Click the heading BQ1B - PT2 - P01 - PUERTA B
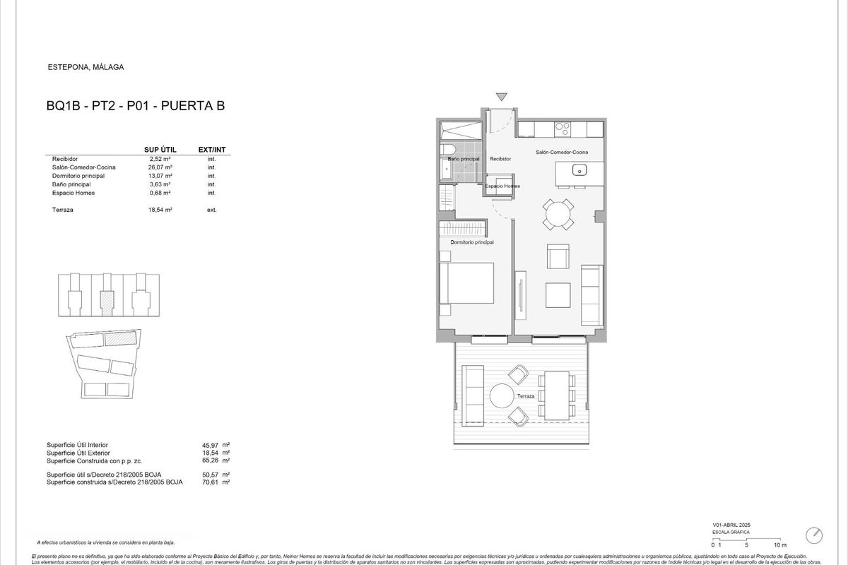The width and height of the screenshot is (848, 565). click(135, 107)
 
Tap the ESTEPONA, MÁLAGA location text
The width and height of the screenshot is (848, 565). click(86, 68)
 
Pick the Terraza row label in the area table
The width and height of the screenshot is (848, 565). click(64, 210)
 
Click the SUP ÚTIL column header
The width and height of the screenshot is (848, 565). click(160, 150)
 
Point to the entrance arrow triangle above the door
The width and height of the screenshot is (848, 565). click(502, 97)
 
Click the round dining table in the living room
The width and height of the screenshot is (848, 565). click(559, 213)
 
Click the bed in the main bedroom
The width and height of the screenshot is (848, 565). click(466, 283)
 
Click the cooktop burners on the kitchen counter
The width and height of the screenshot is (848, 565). click(563, 129)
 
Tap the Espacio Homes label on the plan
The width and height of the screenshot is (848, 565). click(502, 186)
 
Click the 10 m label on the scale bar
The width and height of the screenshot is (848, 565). click(779, 545)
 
